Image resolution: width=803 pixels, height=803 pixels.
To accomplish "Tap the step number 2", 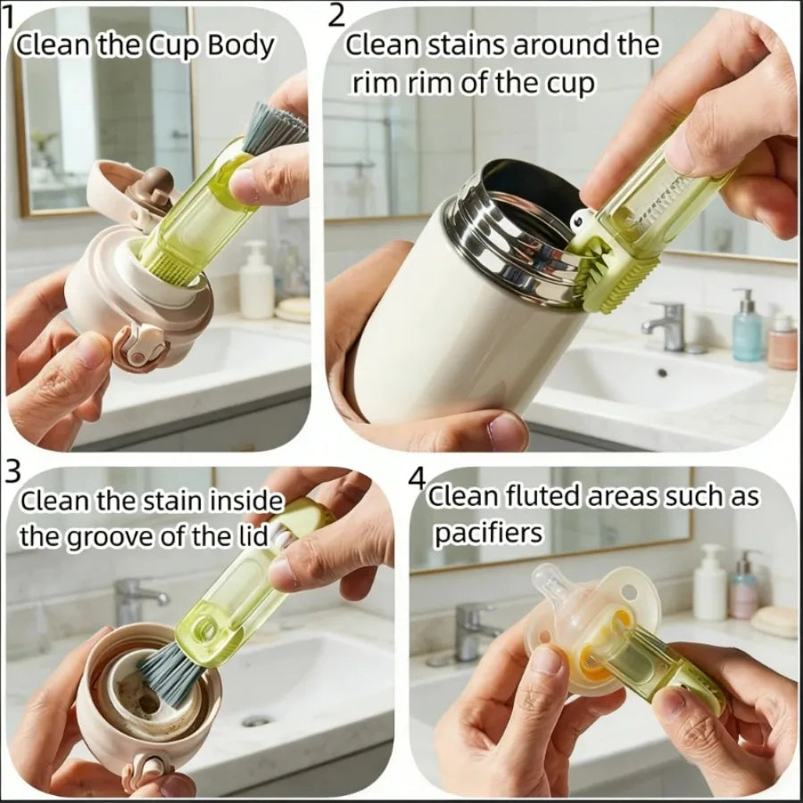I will (336, 13).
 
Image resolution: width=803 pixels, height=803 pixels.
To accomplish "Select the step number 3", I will (12, 470).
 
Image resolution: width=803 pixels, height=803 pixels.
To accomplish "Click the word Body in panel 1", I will (241, 46).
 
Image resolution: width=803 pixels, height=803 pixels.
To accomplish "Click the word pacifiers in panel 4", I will (489, 533).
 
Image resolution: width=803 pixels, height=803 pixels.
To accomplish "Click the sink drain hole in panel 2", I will (661, 373).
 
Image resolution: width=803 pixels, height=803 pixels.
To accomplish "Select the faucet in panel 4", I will (470, 628).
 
